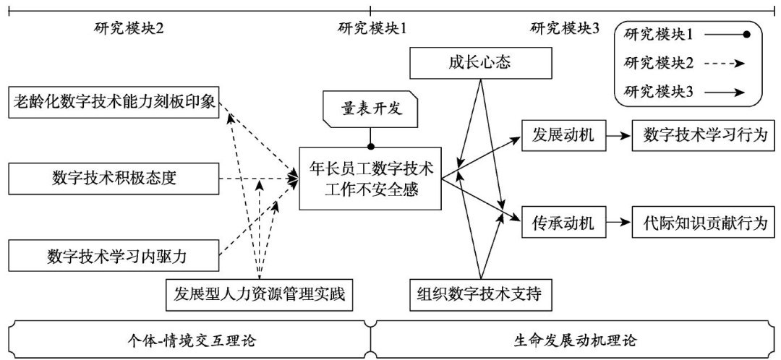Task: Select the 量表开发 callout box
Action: [x=370, y=109]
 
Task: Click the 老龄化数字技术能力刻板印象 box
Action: [x=114, y=101]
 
